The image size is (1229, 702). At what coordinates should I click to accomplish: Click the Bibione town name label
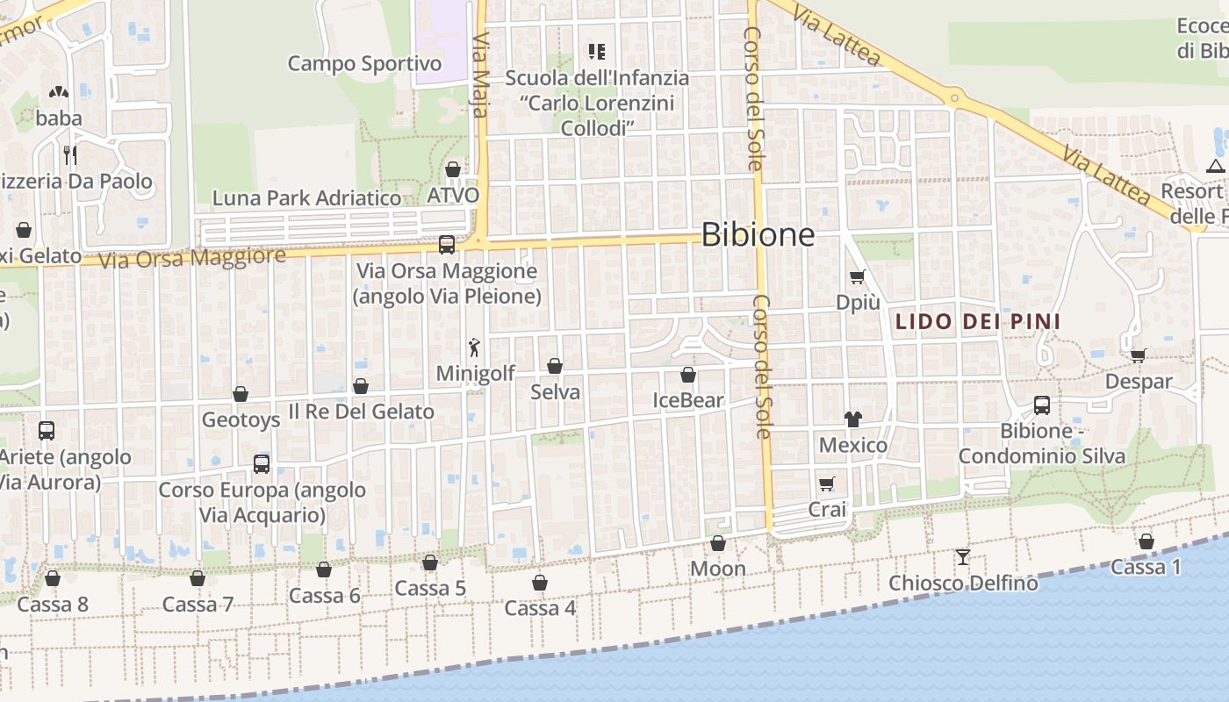click(758, 234)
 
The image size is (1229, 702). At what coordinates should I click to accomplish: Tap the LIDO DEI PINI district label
click(977, 322)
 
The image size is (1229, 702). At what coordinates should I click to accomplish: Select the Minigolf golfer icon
click(475, 347)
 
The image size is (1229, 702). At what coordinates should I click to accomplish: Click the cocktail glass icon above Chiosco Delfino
click(963, 556)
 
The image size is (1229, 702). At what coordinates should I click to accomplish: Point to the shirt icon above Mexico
click(852, 419)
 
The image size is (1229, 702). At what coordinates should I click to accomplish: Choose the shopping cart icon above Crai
click(826, 484)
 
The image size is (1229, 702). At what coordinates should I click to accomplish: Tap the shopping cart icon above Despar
click(1138, 355)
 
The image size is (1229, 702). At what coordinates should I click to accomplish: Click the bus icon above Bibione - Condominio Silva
click(1042, 405)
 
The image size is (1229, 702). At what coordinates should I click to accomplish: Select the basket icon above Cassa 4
click(540, 583)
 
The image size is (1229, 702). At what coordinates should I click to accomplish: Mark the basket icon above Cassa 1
click(1146, 541)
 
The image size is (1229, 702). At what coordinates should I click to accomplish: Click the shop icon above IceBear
click(688, 376)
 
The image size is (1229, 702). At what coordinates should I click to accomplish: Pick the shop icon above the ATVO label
click(453, 169)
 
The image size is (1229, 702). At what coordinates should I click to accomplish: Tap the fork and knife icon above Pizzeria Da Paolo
click(70, 155)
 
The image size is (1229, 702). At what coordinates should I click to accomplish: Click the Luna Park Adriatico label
click(306, 198)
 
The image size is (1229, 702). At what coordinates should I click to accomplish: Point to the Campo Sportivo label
click(364, 63)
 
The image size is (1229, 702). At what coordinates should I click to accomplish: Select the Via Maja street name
click(480, 65)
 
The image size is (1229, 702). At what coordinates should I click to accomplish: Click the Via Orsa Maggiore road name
click(192, 259)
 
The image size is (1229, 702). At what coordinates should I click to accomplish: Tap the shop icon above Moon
click(718, 544)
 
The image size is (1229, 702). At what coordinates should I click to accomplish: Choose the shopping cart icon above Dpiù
click(857, 277)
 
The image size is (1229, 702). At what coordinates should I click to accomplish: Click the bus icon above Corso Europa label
click(262, 464)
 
